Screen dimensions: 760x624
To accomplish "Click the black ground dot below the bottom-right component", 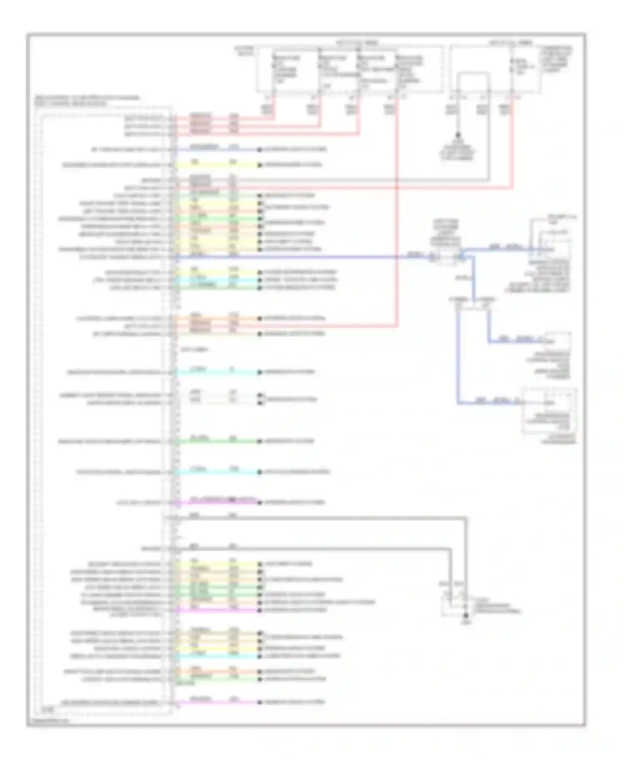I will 466,615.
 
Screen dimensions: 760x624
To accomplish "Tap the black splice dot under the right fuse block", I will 458,135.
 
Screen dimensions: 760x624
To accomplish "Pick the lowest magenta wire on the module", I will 216,702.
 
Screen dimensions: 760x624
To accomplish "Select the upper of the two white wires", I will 216,395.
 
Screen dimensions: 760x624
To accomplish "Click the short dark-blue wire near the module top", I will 216,149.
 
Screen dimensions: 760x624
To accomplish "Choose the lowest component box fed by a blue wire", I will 549,412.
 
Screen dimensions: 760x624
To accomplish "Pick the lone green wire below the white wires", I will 216,441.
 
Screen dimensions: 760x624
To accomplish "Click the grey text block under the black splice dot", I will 458,152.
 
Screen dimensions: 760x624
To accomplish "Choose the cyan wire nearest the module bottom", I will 216,656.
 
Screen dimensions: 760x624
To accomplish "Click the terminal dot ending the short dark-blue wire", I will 259,149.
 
